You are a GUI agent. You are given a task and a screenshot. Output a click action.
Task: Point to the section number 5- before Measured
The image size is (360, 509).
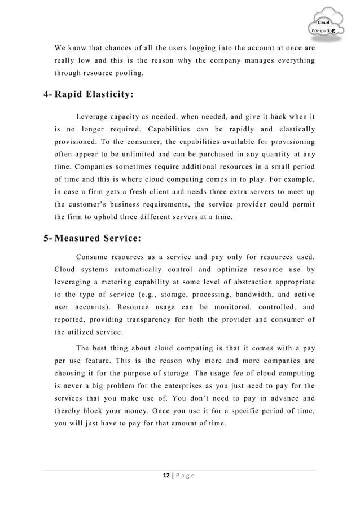(x=49, y=237)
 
